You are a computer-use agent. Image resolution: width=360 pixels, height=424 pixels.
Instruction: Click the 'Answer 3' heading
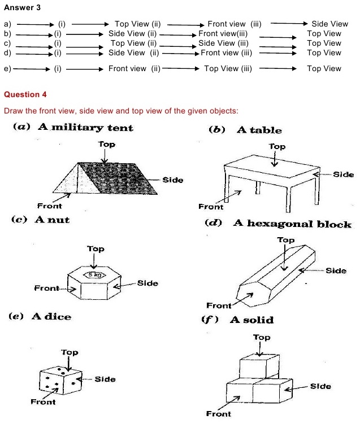[21, 8]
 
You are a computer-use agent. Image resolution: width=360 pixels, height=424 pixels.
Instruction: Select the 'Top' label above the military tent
[106, 145]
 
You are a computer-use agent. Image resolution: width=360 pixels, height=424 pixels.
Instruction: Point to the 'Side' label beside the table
[343, 174]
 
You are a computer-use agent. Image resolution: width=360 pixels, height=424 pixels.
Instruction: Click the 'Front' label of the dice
[43, 402]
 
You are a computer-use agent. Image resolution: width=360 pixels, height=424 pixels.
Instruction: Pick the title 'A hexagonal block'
[292, 224]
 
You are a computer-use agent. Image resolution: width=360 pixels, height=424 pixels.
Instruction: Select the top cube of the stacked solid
[258, 366]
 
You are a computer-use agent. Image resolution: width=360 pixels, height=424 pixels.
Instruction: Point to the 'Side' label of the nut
[148, 283]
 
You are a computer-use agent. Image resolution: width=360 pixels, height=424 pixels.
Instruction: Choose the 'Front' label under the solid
[218, 414]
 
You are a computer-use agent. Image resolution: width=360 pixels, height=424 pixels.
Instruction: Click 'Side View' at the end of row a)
[329, 24]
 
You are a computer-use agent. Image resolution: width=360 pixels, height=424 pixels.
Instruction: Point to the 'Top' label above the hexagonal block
[286, 240]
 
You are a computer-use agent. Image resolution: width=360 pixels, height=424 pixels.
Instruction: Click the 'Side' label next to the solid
[320, 386]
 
